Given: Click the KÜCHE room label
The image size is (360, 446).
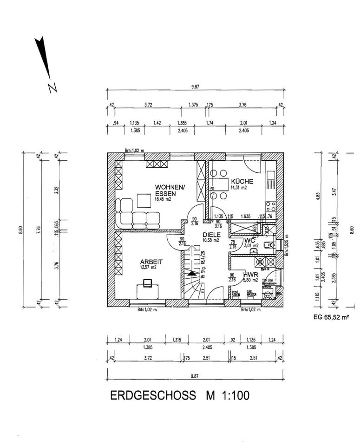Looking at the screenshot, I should coord(242,182).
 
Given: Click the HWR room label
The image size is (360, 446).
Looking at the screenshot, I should coord(250,275).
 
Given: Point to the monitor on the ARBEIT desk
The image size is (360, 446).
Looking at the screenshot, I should coord(147,282).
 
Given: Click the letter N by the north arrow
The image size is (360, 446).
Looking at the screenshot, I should coord(52,87).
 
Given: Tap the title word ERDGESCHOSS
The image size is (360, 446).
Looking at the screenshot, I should coord(152,395).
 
